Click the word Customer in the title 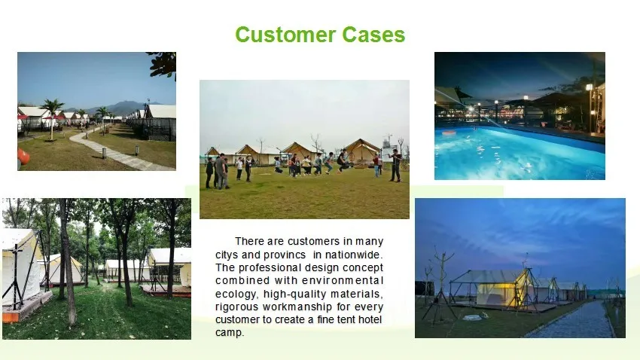[x=286, y=35]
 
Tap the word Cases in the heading [x=373, y=35]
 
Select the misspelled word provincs [x=285, y=255]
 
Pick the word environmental [x=343, y=281]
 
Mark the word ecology [x=236, y=294]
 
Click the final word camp [x=230, y=333]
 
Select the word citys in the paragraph [x=227, y=255]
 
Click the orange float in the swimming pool [x=449, y=133]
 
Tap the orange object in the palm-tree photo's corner [x=23, y=157]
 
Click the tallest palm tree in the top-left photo [x=52, y=118]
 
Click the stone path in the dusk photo [x=575, y=321]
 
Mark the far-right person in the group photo [x=395, y=165]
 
